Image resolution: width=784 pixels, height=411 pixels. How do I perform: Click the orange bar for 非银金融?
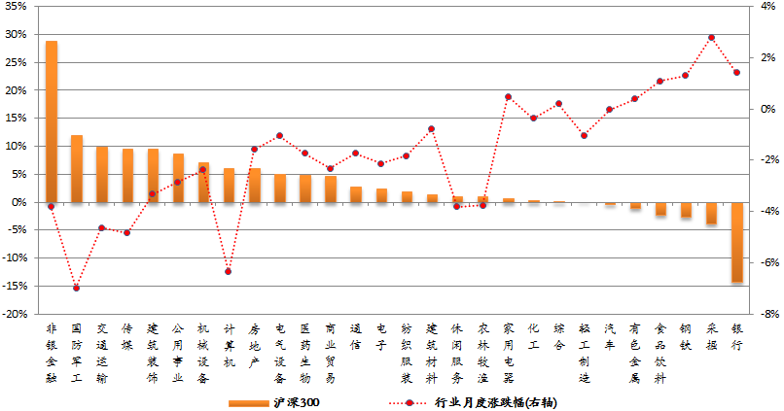[52, 121]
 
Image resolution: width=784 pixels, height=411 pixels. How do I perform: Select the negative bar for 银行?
[736, 242]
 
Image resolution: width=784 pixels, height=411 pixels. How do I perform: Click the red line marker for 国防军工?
[77, 289]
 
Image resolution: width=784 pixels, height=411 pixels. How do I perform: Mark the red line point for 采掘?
[711, 38]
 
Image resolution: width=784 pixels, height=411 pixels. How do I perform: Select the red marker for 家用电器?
[508, 97]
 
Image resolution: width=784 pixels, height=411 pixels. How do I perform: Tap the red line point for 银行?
[736, 72]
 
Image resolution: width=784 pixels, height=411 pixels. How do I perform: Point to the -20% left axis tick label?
[14, 314]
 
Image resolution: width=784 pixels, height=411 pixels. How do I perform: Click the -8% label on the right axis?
[764, 314]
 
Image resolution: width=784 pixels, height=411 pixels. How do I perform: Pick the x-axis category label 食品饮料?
[660, 354]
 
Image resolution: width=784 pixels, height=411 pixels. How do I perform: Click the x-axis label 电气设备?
[280, 354]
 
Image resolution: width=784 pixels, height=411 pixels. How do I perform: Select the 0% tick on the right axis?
[764, 109]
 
